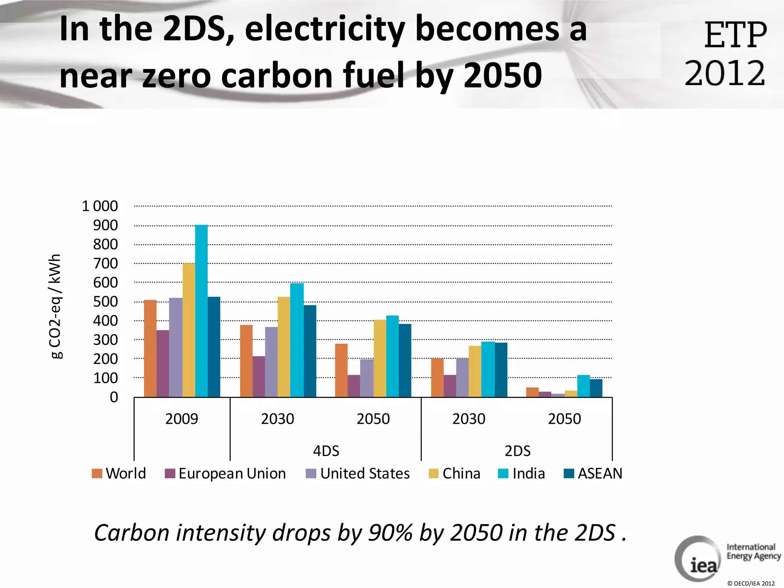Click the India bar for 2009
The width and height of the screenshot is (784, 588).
(201, 311)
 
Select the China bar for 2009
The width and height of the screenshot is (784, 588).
(189, 330)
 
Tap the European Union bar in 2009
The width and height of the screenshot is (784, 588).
(163, 363)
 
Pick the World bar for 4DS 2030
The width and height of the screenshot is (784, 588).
(246, 361)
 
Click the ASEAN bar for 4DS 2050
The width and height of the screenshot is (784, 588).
(405, 360)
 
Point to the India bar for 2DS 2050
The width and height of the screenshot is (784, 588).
(583, 386)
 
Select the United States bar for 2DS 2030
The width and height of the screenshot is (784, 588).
(462, 377)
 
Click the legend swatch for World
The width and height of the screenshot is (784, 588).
(97, 474)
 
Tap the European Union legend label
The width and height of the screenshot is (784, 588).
(232, 474)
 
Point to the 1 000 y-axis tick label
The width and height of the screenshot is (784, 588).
(100, 206)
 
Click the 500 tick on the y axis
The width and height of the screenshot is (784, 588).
(105, 302)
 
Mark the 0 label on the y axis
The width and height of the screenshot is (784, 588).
(114, 397)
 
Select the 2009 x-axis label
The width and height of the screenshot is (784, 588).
(181, 419)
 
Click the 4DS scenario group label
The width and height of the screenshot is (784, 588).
(326, 451)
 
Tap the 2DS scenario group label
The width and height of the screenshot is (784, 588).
(517, 451)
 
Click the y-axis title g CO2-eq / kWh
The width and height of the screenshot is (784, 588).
(56, 306)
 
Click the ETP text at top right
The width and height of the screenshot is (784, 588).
(735, 35)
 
